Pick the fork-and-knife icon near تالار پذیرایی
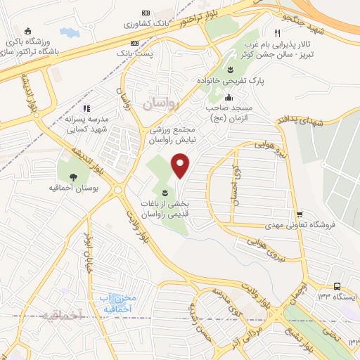coord(278,33)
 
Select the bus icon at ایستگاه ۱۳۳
coord(337,286)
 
